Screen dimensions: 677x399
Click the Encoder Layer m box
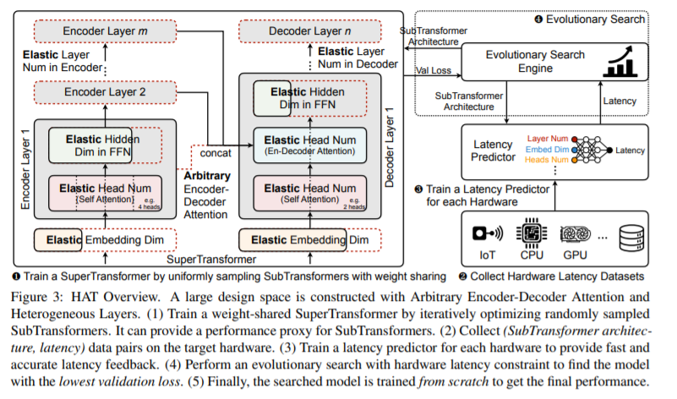pyautogui.click(x=106, y=31)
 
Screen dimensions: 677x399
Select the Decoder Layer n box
pyautogui.click(x=310, y=31)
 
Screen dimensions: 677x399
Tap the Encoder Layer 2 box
pyautogui.click(x=106, y=92)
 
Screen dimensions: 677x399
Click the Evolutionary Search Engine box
pyautogui.click(x=554, y=62)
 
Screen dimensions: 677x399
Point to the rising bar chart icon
pyautogui.click(x=620, y=62)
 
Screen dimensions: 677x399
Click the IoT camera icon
pyautogui.click(x=488, y=233)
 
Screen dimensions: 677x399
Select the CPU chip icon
pyautogui.click(x=532, y=233)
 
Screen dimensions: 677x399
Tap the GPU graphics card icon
pyautogui.click(x=575, y=234)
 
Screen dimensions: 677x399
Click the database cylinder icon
pyautogui.click(x=631, y=238)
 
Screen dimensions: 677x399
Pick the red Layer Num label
pyautogui.click(x=548, y=139)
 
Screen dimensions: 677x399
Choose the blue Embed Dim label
pyautogui.click(x=547, y=150)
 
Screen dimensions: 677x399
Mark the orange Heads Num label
pyautogui.click(x=546, y=160)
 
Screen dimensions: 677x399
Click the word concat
pyautogui.click(x=216, y=153)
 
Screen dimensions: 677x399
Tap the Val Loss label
pyautogui.click(x=434, y=70)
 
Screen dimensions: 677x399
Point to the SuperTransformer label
pyautogui.click(x=211, y=259)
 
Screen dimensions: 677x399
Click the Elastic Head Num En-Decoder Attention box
pyautogui.click(x=310, y=145)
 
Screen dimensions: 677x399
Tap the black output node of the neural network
pyautogui.click(x=609, y=150)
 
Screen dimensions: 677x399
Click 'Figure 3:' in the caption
pyautogui.click(x=36, y=297)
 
